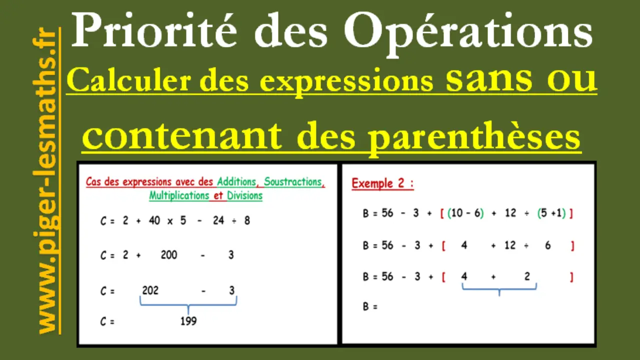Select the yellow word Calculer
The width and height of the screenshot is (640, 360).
(128, 80)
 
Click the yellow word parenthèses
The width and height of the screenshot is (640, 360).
(474, 137)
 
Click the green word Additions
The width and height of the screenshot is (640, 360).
(236, 181)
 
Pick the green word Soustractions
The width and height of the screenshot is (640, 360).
(293, 181)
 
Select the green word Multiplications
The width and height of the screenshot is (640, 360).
(179, 195)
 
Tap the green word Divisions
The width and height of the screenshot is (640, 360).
(244, 195)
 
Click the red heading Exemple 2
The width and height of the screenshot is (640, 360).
(382, 183)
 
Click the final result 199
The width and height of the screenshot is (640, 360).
(188, 321)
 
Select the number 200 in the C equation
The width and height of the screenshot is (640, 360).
(169, 254)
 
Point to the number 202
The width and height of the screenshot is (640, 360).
(150, 290)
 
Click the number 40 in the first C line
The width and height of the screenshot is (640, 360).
(154, 220)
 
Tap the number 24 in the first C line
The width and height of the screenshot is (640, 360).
(218, 220)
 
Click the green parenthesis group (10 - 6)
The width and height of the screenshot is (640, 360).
(465, 213)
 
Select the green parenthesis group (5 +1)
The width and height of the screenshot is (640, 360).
(551, 213)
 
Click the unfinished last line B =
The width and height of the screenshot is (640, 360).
(370, 306)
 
